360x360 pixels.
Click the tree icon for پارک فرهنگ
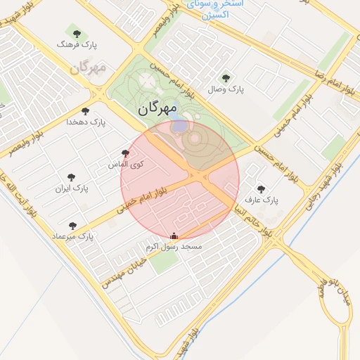pyautogui.click(x=77, y=34)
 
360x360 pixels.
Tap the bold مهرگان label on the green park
pyautogui.click(x=156, y=108)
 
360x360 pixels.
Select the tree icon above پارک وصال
pyautogui.click(x=225, y=79)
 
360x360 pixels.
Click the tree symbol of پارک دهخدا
pyautogui.click(x=85, y=111)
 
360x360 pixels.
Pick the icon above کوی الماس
pyautogui.click(x=125, y=153)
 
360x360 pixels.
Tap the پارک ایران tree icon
pyautogui.click(x=71, y=178)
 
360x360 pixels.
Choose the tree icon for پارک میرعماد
pyautogui.click(x=72, y=226)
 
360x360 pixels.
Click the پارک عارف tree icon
pyautogui.click(x=261, y=189)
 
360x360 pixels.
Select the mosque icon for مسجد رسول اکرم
pyautogui.click(x=174, y=236)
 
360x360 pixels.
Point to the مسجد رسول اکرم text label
pyautogui.click(x=174, y=247)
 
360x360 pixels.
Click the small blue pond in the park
pyautogui.click(x=180, y=127)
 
